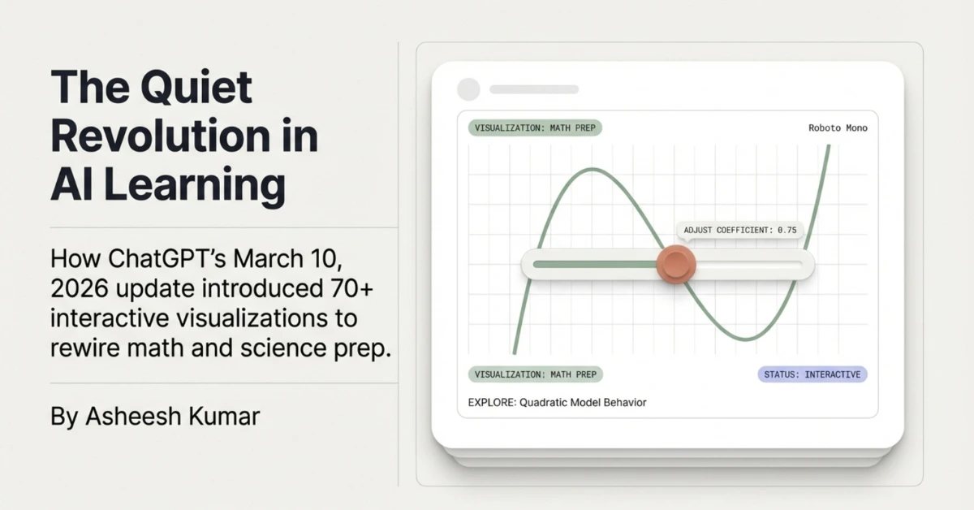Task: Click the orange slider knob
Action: [x=675, y=263]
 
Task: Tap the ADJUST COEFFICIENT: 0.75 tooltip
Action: [x=739, y=231]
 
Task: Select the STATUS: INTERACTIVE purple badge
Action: [x=812, y=374]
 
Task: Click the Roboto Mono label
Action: [x=838, y=128]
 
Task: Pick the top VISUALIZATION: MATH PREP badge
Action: [x=536, y=128]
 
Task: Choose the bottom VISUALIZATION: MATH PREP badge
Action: [x=536, y=374]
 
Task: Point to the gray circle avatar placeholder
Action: [x=469, y=89]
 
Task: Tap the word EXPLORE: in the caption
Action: [x=492, y=402]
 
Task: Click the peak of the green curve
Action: [x=593, y=170]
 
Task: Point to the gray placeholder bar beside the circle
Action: [x=533, y=89]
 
